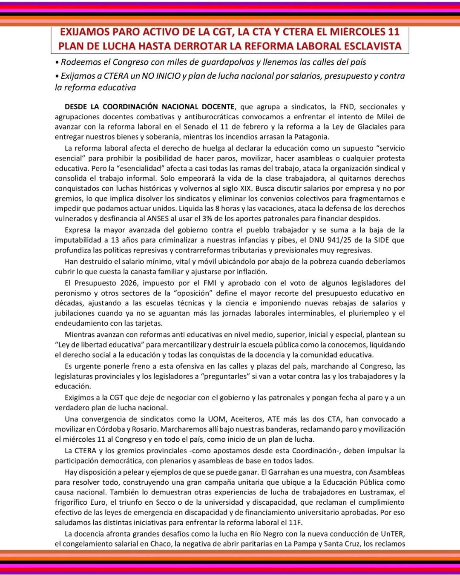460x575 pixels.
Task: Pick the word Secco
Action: (x=166, y=502)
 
